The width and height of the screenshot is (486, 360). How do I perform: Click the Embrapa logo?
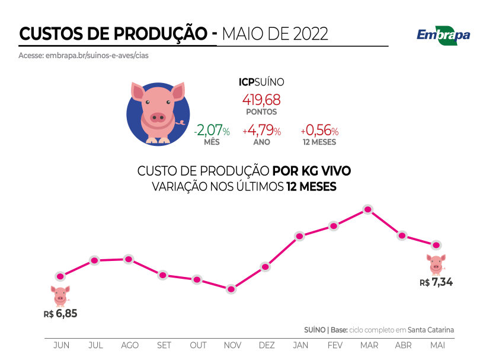click(443, 34)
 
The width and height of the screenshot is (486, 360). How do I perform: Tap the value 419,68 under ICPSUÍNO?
click(261, 99)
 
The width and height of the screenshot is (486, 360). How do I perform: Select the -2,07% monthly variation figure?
click(213, 130)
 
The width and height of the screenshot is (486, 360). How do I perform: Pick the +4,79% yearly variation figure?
click(262, 130)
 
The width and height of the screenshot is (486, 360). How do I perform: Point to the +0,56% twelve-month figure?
click(319, 130)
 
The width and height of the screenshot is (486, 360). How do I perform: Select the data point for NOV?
click(231, 289)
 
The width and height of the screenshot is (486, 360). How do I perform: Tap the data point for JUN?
click(60, 276)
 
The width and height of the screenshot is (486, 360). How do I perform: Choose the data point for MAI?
click(437, 245)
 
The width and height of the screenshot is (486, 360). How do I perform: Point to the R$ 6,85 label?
click(60, 313)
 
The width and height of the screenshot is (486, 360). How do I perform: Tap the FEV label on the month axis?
click(335, 345)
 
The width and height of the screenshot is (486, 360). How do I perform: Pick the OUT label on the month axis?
click(198, 345)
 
